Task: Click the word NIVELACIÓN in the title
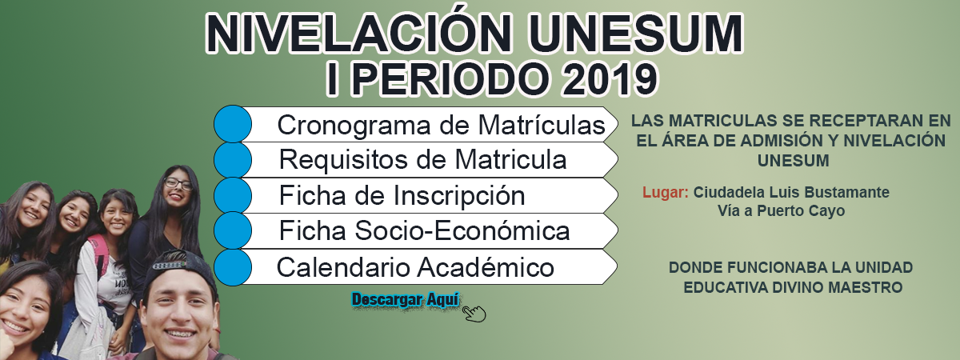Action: tap(358, 33)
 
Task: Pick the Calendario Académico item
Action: tap(415, 267)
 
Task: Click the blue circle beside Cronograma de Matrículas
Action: tap(233, 124)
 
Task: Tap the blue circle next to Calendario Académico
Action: tap(233, 267)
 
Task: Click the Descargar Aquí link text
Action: tap(405, 299)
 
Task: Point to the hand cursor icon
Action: tap(474, 314)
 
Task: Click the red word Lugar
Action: tap(666, 193)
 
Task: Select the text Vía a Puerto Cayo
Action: tap(782, 211)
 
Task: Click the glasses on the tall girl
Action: tap(178, 184)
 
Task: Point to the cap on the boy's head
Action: tap(179, 268)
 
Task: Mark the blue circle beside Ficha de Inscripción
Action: tap(233, 195)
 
